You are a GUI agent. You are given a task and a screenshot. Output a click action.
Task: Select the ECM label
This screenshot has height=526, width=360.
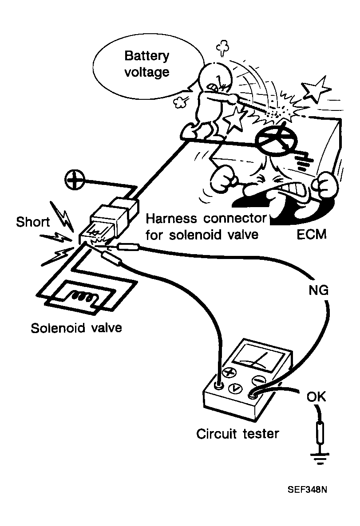pyautogui.click(x=311, y=234)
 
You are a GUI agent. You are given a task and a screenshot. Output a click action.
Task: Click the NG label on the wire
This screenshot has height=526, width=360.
pyautogui.click(x=318, y=290)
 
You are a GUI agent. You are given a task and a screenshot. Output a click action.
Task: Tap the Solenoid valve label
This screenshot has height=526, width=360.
pyautogui.click(x=76, y=328)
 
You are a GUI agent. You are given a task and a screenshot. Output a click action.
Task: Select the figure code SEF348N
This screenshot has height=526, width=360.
pyautogui.click(x=308, y=491)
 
